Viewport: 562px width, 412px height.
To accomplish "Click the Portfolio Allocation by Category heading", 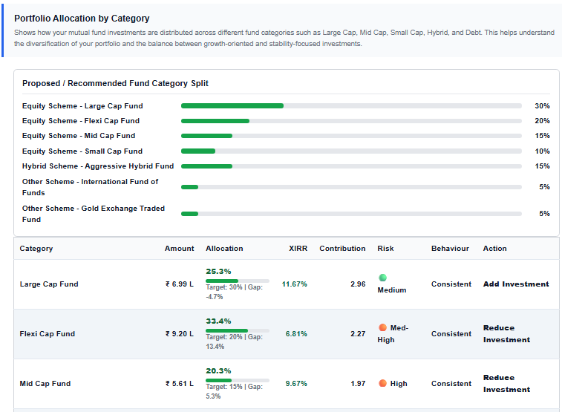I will [82, 19].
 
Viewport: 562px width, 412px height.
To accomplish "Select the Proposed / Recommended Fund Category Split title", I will [115, 83].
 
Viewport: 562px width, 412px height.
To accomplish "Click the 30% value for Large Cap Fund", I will [542, 106].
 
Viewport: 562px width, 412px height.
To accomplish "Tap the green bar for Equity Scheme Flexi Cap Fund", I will [215, 121].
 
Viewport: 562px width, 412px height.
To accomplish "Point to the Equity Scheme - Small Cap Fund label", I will [82, 151].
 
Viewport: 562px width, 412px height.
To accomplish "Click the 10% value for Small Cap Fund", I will [542, 151].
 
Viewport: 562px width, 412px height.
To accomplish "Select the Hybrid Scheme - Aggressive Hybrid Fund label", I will [97, 166].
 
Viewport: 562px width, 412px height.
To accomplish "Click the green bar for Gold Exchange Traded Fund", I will [189, 214].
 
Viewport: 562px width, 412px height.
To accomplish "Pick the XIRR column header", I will [298, 249].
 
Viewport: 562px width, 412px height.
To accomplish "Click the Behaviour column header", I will [450, 249].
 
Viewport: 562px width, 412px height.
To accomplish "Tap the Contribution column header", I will [342, 249].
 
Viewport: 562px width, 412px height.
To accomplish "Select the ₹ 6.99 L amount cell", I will [179, 284].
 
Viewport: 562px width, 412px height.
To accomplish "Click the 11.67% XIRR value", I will [294, 284].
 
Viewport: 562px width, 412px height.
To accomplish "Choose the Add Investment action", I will [516, 284].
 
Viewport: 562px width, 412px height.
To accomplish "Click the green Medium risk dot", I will [382, 278].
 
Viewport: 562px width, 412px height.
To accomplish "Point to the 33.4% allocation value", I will [218, 321].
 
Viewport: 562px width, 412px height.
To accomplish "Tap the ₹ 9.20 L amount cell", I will [179, 334].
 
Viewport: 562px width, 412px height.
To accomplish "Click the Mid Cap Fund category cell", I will [45, 384].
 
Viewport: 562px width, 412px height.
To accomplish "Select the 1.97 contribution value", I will [358, 384].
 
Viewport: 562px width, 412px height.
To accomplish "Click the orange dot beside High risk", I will [382, 384].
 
